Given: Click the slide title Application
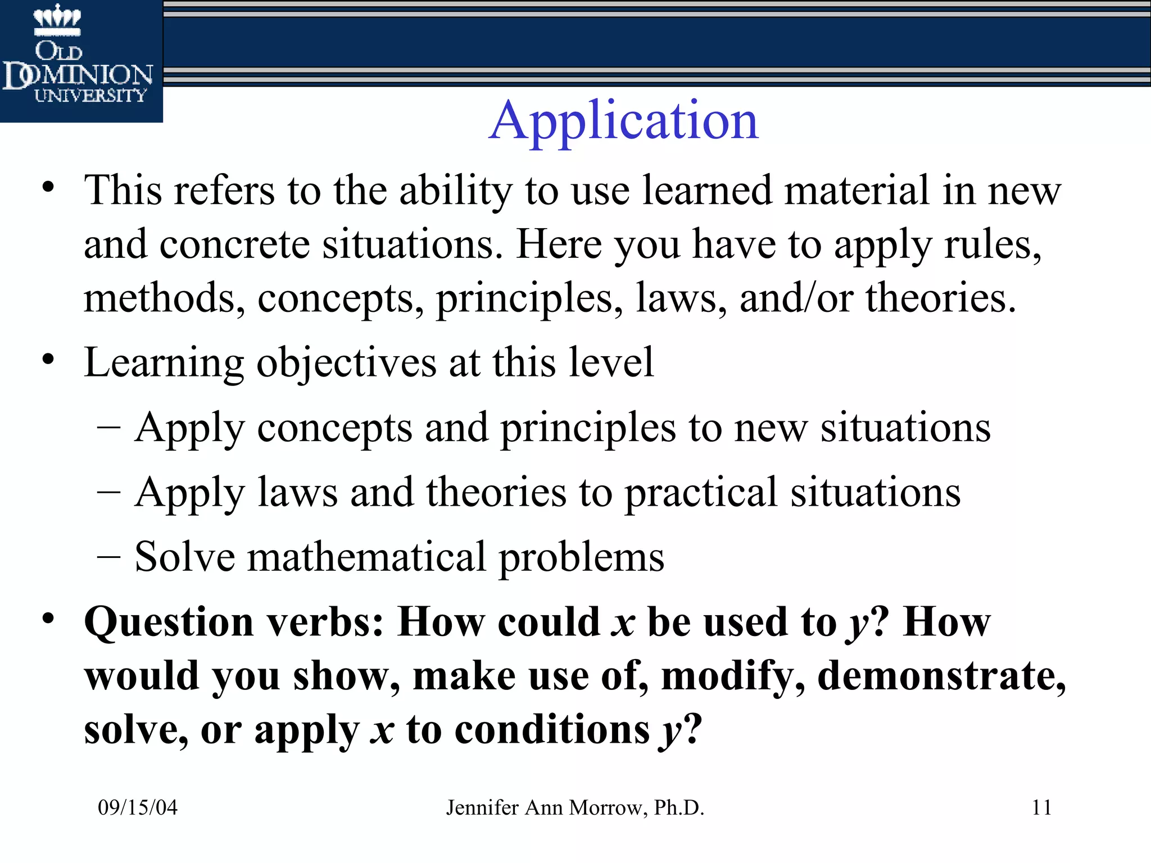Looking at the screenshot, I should [x=623, y=121].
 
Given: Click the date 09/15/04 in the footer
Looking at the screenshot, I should [x=138, y=807].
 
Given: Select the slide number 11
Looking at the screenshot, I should [x=1041, y=807].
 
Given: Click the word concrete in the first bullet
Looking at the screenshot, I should [x=234, y=245].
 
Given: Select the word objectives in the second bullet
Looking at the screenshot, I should [x=346, y=363].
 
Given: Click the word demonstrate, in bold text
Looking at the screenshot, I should [x=941, y=676].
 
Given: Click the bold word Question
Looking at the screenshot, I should [x=169, y=623].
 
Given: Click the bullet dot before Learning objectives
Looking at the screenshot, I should [x=48, y=359].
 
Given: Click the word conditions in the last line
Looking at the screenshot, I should [x=552, y=730].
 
